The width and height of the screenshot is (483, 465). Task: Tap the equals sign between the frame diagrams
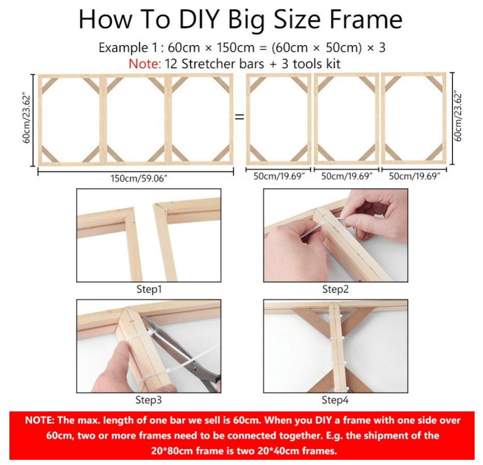[239, 117]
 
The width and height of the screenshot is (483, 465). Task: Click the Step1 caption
[149, 289]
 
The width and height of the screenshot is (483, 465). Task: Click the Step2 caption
[335, 289]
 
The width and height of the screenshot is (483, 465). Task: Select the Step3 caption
[149, 400]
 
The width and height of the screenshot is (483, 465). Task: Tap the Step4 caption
[335, 400]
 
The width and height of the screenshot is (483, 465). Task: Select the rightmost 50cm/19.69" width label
[414, 176]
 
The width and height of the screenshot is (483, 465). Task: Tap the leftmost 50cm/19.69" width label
[279, 176]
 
